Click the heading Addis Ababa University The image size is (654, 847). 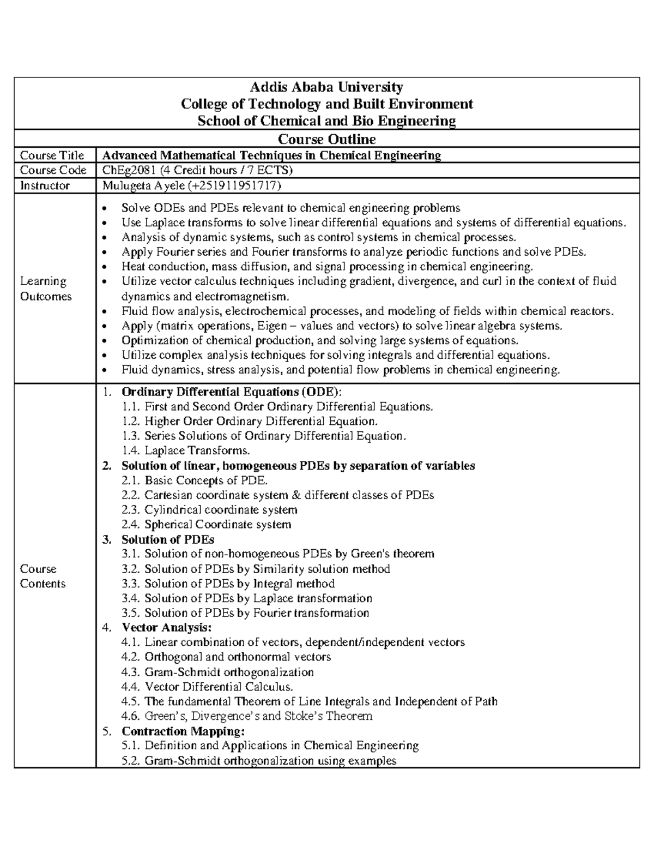(326, 87)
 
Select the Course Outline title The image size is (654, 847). (326, 139)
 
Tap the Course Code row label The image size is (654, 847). (53, 170)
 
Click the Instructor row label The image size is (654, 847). (45, 185)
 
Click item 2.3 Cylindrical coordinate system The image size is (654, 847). (210, 510)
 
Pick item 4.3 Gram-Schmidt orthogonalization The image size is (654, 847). (218, 672)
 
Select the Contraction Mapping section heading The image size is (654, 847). (183, 731)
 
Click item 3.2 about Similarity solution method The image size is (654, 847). (256, 569)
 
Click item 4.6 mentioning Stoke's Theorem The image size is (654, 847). (247, 716)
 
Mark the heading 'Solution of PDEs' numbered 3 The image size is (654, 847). (167, 539)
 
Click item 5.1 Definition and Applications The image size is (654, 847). (270, 746)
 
